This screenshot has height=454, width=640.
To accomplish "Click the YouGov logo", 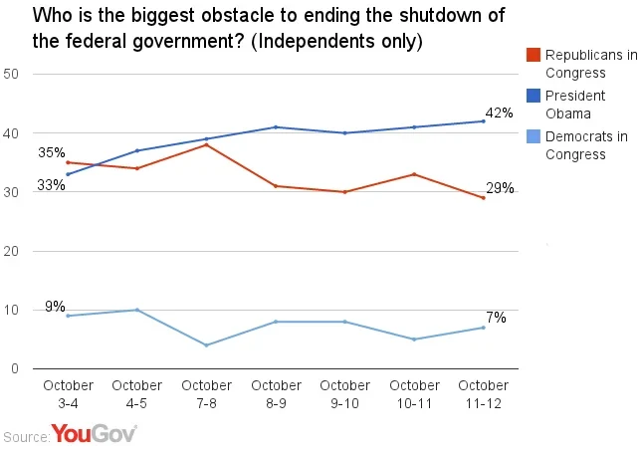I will click(x=94, y=434).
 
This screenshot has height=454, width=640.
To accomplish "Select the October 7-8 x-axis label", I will click(x=206, y=392).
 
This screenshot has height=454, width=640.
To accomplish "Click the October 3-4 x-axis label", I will click(x=68, y=392).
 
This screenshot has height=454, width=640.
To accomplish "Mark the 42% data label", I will click(x=500, y=113).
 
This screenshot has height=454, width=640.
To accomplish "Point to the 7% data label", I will click(x=497, y=318).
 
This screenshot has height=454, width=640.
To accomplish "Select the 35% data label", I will click(x=52, y=152).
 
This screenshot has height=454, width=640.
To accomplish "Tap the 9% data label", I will click(x=55, y=307).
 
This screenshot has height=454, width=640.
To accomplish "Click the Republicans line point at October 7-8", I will click(x=206, y=145).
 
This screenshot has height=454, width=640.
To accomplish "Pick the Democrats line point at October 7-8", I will click(x=206, y=345).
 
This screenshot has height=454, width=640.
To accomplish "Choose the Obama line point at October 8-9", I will click(x=276, y=127).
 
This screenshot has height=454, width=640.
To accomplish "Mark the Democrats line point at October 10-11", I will click(x=414, y=340).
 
